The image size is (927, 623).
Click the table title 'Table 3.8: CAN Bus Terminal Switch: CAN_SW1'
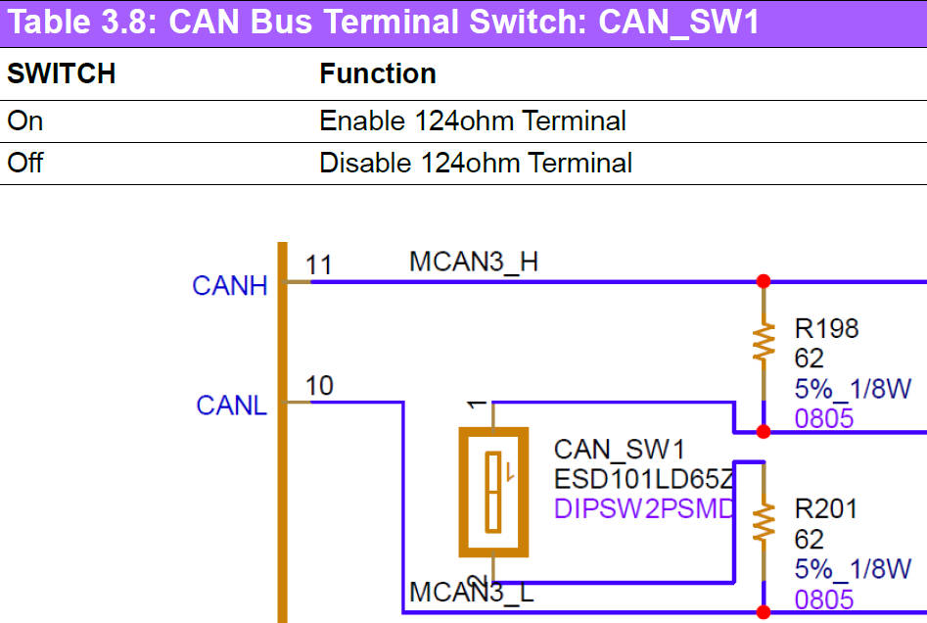(x=383, y=23)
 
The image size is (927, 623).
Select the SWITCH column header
(x=62, y=74)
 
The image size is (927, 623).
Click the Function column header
(x=378, y=74)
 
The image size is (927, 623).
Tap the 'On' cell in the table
(x=25, y=121)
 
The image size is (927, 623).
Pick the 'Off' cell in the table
(x=25, y=162)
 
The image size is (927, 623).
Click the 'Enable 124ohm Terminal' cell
(x=473, y=121)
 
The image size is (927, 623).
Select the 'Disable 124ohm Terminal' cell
(x=476, y=162)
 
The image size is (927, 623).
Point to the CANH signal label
(x=230, y=286)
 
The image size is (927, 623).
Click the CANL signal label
(x=232, y=406)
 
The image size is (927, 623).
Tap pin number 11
(x=319, y=264)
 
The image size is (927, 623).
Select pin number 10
(x=319, y=386)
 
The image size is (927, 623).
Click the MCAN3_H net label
(x=474, y=263)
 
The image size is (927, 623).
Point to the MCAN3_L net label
(x=474, y=593)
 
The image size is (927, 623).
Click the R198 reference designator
(x=826, y=329)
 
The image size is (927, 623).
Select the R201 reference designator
(x=826, y=509)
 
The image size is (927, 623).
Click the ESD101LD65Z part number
(x=643, y=480)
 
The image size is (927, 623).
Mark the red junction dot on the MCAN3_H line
(x=764, y=282)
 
